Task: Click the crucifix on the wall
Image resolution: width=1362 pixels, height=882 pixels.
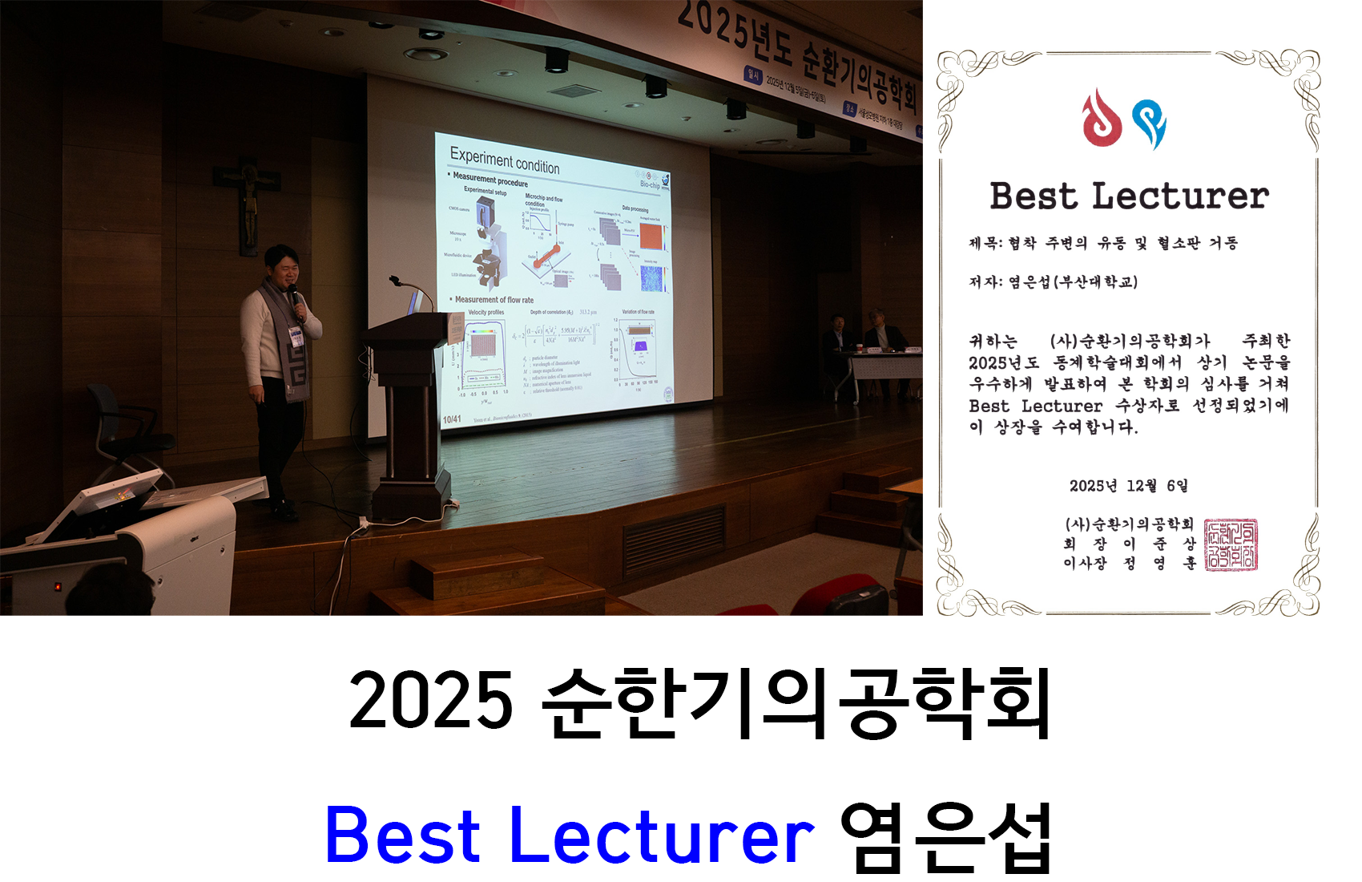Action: tap(248, 200)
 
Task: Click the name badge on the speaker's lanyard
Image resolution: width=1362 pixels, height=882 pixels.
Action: tap(296, 337)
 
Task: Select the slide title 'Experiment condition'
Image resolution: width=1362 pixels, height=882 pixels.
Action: tap(504, 160)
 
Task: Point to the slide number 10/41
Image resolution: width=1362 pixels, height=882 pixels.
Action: tap(451, 419)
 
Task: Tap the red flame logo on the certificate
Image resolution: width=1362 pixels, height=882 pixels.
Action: tap(1102, 119)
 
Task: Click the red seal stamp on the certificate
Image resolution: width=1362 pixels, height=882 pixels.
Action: tap(1231, 545)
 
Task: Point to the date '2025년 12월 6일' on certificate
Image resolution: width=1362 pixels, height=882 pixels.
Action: tap(1128, 486)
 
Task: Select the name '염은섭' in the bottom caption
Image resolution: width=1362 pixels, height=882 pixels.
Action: tap(945, 836)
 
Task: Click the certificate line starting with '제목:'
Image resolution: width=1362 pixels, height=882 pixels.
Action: tap(1102, 243)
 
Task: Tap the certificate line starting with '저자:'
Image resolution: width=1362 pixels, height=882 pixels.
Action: tap(1053, 281)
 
